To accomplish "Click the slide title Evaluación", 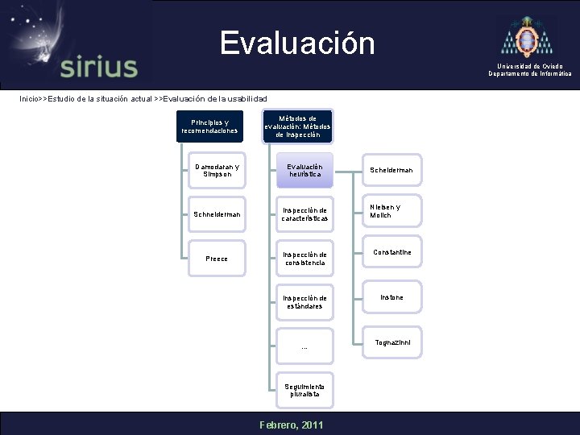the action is (x=297, y=43).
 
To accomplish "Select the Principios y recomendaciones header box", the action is (x=209, y=126).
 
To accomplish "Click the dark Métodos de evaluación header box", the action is (x=297, y=126).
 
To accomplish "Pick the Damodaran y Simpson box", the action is (x=217, y=171).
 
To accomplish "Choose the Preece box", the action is (x=217, y=259).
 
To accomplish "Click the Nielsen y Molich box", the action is (x=391, y=211).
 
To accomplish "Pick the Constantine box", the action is (x=391, y=253).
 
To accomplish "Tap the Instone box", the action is (x=391, y=298).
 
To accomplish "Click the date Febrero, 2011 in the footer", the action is (x=289, y=425).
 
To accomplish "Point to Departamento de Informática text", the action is (x=530, y=73).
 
